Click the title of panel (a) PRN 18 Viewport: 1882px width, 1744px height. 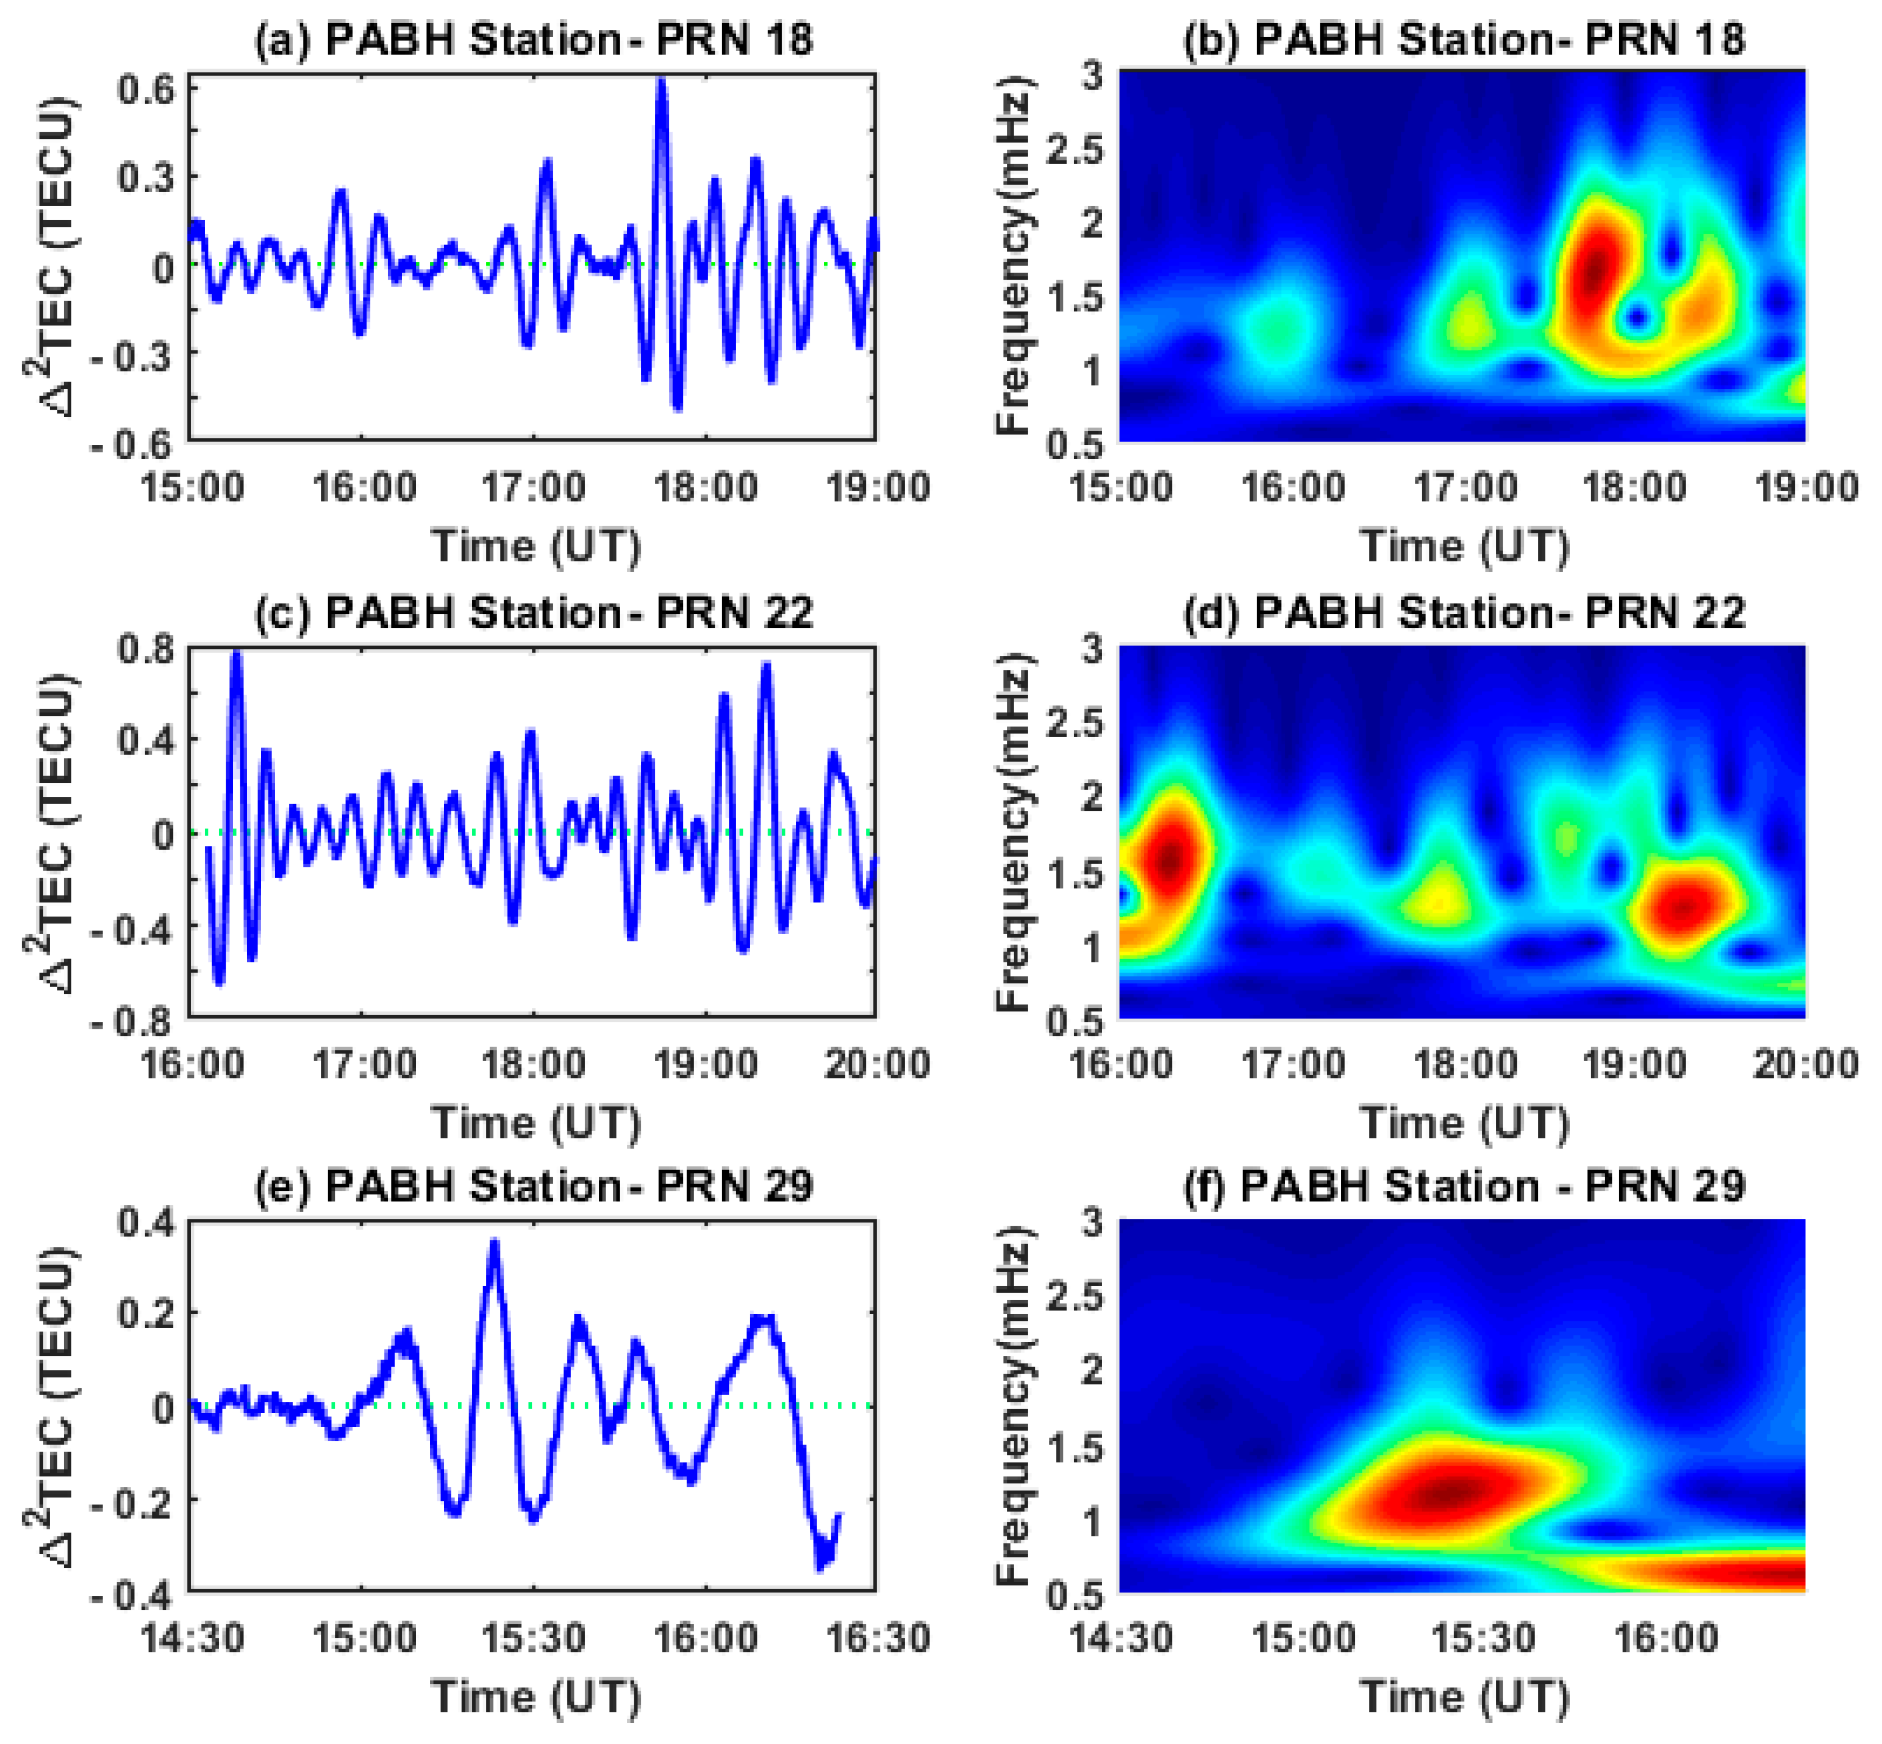point(534,39)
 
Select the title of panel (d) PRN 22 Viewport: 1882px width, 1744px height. point(1463,612)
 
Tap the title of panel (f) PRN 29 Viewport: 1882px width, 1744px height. point(1463,1185)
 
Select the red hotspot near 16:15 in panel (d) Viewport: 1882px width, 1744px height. point(1171,859)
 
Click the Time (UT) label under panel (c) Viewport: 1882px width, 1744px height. point(535,1123)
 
